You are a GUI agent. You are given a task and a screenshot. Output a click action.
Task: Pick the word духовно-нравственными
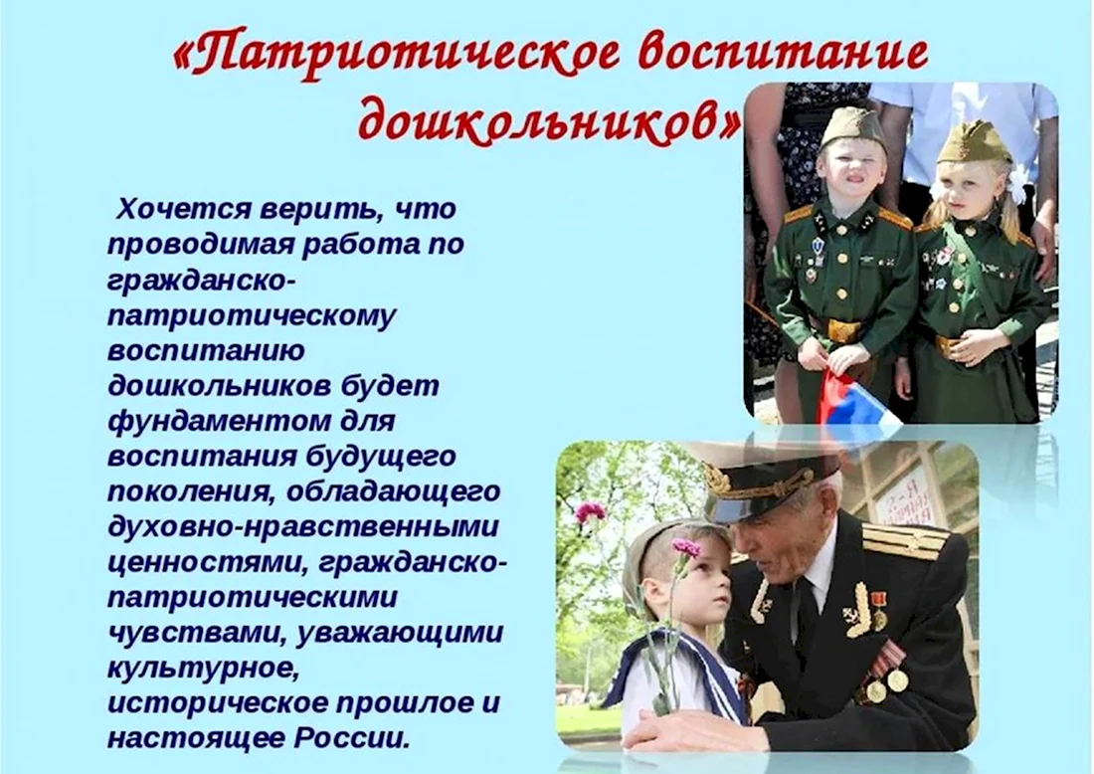tap(303, 527)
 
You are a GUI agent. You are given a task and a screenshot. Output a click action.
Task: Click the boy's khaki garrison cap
tap(851, 125)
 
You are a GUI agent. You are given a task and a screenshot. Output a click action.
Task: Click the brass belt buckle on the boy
tap(843, 330)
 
